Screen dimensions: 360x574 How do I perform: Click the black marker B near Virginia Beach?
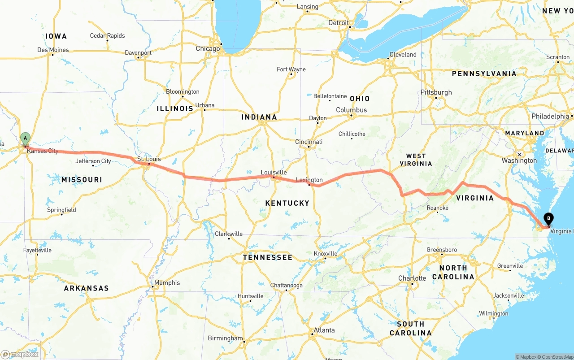click(x=548, y=219)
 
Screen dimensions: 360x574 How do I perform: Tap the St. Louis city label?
click(x=149, y=159)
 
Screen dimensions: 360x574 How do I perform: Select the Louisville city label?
click(x=274, y=173)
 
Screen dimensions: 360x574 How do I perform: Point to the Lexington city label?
click(x=309, y=180)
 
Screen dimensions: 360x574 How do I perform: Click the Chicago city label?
click(x=208, y=48)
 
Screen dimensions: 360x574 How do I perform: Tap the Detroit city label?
click(x=338, y=23)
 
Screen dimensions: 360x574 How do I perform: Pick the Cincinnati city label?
click(x=309, y=142)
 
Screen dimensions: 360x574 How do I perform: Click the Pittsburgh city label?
click(x=436, y=92)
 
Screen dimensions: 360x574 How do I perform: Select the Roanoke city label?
click(x=437, y=208)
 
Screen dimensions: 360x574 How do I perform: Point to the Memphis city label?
click(x=166, y=283)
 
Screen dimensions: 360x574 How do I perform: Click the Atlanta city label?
click(x=324, y=330)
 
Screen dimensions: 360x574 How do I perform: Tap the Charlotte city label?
click(x=412, y=278)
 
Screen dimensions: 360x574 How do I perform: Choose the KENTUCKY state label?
click(x=287, y=203)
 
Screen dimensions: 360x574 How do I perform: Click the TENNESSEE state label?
click(x=267, y=257)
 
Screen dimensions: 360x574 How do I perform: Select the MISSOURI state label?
click(x=82, y=180)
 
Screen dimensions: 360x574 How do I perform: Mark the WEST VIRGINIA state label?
click(x=416, y=160)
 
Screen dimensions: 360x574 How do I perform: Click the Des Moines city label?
click(x=53, y=50)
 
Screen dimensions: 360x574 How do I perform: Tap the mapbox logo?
click(x=20, y=354)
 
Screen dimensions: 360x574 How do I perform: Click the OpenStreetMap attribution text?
click(x=556, y=357)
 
